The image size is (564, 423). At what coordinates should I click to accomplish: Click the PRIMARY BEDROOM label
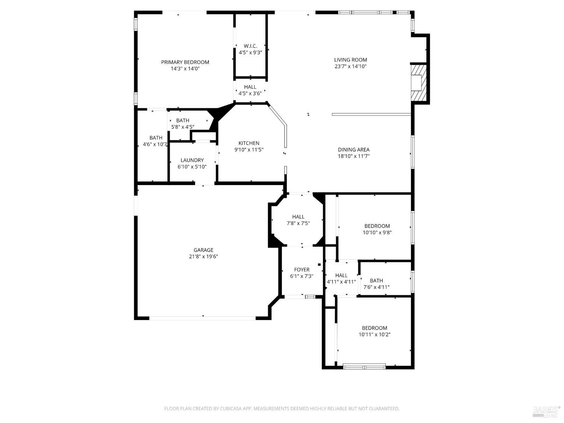pos(185,62)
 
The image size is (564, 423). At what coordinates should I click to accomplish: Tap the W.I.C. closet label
pos(250,46)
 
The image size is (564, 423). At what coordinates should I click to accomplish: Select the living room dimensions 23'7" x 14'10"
pos(350,67)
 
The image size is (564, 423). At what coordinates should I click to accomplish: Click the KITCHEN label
pos(249,143)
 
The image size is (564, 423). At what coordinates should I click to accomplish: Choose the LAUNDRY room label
pos(192,160)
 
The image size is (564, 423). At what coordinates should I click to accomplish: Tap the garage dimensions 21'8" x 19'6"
pos(203,256)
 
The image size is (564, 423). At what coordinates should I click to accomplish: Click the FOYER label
pos(302,270)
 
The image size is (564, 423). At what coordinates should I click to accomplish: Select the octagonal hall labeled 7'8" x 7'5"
pos(298,220)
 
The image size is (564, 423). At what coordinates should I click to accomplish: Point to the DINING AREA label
pos(353,149)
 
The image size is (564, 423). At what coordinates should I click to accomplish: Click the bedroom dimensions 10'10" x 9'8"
pos(377,232)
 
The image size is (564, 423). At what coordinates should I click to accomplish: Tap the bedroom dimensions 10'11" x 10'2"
pos(374,334)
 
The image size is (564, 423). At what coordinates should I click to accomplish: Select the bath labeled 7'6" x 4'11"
pos(376,284)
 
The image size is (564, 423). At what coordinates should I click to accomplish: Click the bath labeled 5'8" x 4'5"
pos(183,124)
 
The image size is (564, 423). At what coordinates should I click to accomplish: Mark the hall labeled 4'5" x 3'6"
pos(250,90)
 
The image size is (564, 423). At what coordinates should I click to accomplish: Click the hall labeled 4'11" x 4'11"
pos(341,279)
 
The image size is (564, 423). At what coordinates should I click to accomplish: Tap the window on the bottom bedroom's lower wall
pos(364,366)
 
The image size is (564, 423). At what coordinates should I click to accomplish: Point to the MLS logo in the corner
pos(546,412)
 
